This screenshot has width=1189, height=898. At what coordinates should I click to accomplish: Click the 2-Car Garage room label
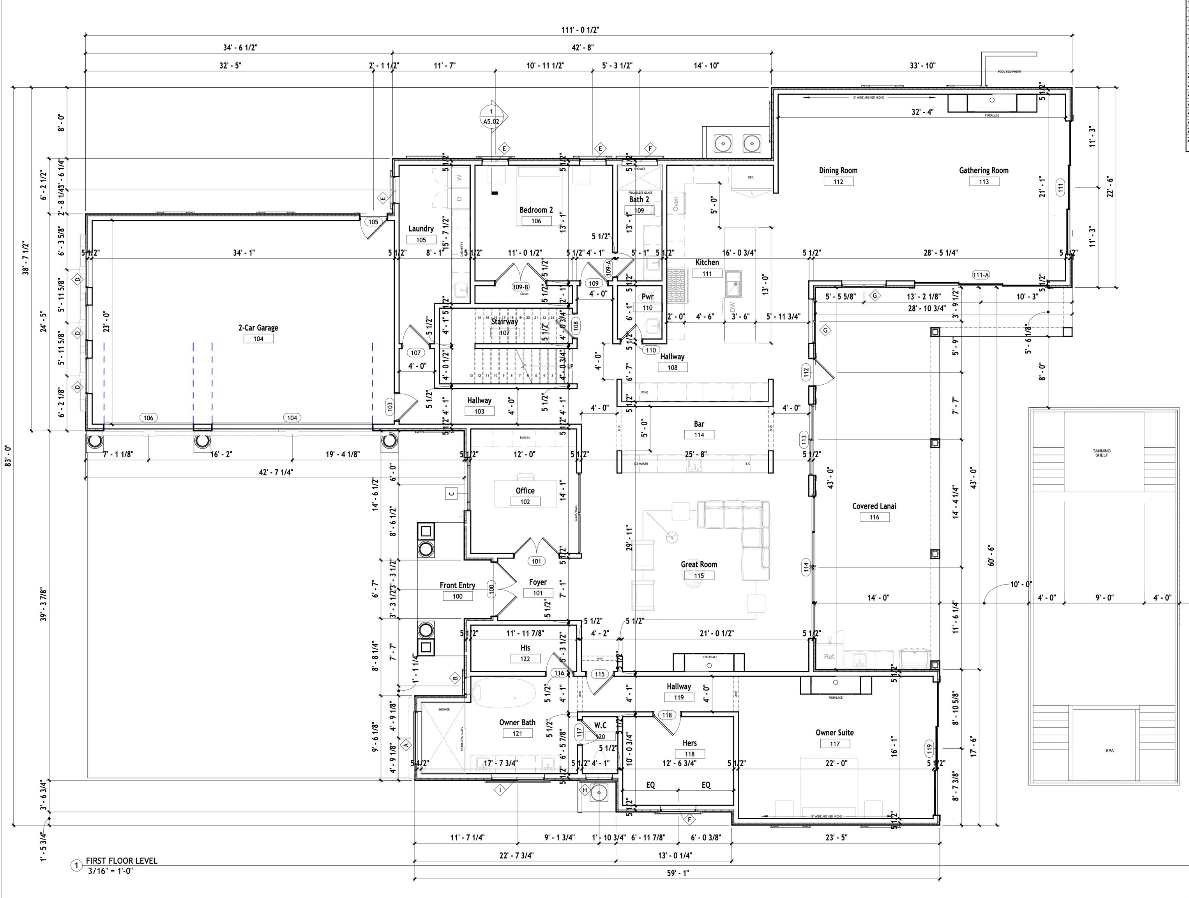[x=258, y=327]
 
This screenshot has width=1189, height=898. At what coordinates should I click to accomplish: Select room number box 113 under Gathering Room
[x=984, y=182]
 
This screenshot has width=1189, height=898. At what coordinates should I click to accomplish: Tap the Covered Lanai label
[x=874, y=506]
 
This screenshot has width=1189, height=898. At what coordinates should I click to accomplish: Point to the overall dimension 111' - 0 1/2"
[x=580, y=30]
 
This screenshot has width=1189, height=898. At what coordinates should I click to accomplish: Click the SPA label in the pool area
[x=1109, y=751]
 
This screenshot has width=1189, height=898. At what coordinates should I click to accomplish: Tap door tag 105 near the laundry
[x=373, y=221]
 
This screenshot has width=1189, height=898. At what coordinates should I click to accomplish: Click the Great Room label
[x=699, y=564]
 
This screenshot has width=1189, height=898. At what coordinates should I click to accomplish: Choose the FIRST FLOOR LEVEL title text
[x=122, y=860]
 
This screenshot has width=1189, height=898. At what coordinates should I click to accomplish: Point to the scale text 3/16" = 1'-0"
[x=110, y=871]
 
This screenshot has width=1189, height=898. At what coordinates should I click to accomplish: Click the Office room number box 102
[x=525, y=502]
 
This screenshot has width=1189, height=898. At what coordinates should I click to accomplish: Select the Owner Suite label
[x=834, y=732]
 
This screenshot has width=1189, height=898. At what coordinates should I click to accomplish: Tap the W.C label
[x=600, y=725]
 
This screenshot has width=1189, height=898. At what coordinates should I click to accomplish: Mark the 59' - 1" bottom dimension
[x=677, y=873]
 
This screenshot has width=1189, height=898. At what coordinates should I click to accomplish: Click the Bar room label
[x=699, y=424]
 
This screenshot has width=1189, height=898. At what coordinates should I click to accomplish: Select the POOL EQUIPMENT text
[x=1009, y=71]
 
